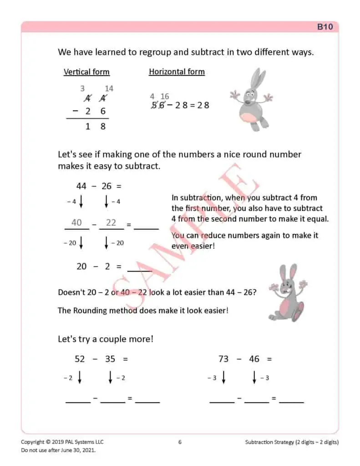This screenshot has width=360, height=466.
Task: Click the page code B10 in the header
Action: [x=325, y=27]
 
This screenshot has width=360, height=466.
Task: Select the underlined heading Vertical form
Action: [x=86, y=72]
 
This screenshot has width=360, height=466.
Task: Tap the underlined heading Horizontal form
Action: [x=177, y=71]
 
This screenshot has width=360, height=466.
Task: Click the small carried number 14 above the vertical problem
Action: [x=109, y=89]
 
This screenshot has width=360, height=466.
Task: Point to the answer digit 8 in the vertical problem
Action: [x=103, y=127]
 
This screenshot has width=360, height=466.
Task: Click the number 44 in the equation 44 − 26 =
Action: [x=81, y=186]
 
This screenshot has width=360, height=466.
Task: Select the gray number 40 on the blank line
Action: [x=76, y=223]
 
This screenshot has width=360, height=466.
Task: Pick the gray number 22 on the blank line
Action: [x=111, y=223]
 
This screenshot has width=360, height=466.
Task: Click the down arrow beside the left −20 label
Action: [x=81, y=243]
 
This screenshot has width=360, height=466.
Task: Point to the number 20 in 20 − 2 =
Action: [x=81, y=267]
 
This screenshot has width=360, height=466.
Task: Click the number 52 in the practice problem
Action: [x=80, y=359]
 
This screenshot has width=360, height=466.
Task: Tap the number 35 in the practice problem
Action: [x=110, y=359]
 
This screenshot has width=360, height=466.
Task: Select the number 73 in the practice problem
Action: [x=223, y=359]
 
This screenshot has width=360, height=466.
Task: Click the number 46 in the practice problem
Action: [x=254, y=359]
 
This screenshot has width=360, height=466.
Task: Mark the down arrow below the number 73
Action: [x=223, y=378]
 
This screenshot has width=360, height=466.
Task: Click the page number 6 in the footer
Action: [x=180, y=442]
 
